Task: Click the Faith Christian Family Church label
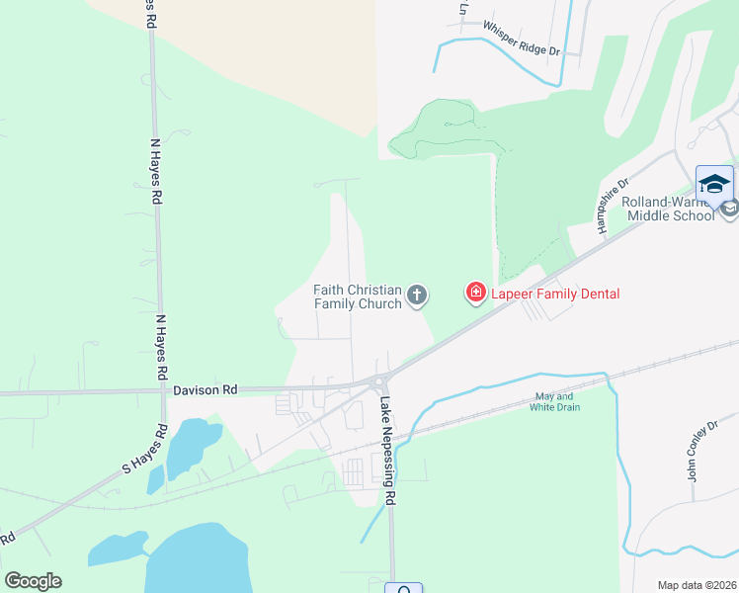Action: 358,296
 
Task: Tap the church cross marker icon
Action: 418,294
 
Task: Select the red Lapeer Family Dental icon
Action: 475,293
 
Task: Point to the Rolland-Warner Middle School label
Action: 667,209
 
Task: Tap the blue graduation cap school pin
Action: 714,184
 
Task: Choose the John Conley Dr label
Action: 698,450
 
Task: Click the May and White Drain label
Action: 554,402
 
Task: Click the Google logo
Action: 33,581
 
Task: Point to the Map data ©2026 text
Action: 697,585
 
